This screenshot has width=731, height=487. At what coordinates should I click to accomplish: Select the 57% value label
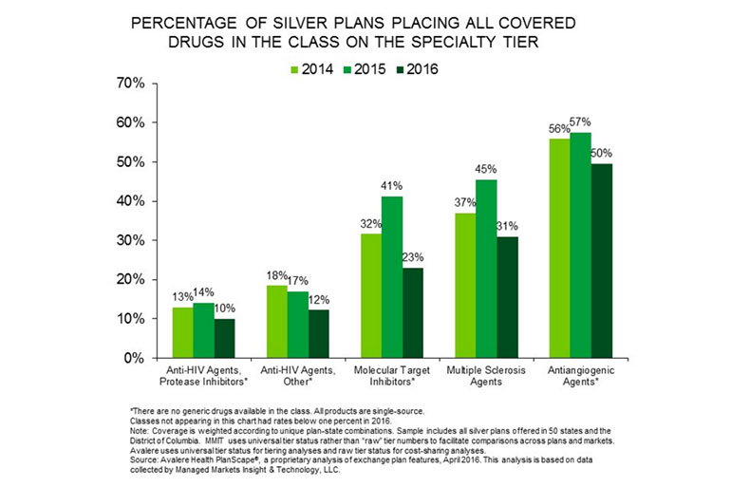[580, 122]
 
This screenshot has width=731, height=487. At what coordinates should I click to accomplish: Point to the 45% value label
[485, 170]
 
